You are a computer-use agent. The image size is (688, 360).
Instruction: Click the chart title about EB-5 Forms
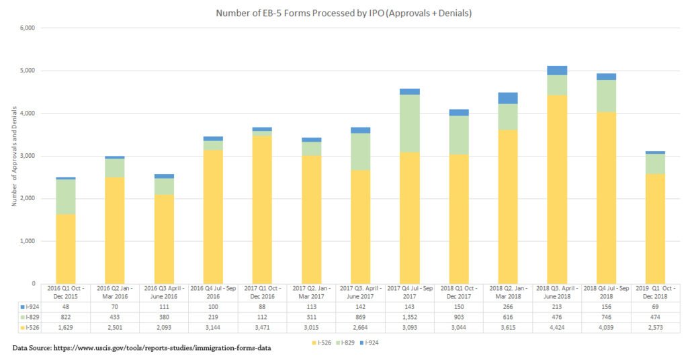click(343, 13)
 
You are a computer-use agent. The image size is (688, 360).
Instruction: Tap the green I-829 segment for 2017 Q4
click(409, 124)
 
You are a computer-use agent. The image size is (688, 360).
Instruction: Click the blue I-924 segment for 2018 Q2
click(507, 98)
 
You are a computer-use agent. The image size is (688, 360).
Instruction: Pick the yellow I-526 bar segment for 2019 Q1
click(655, 229)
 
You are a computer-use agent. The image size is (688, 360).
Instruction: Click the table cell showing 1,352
click(409, 316)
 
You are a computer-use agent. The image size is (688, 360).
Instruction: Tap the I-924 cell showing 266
click(507, 306)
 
